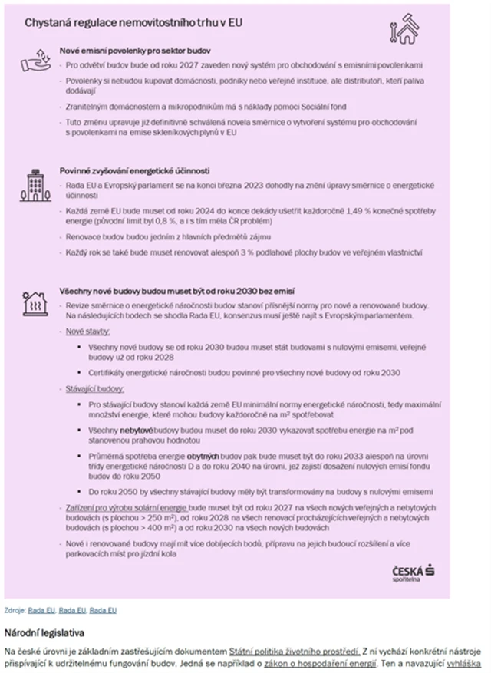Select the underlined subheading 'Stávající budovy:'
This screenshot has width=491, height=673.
click(x=95, y=389)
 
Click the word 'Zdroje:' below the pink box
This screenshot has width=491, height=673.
click(x=15, y=610)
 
